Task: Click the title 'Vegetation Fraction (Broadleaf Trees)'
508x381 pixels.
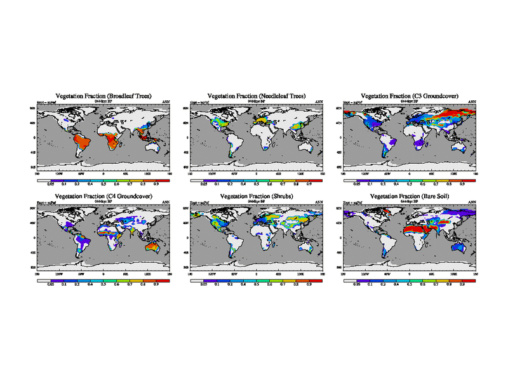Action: (x=103, y=96)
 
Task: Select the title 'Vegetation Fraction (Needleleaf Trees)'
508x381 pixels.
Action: (x=257, y=96)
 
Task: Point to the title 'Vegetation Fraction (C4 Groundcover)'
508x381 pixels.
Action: (x=103, y=197)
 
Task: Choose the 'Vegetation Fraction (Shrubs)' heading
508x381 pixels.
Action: (x=257, y=197)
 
